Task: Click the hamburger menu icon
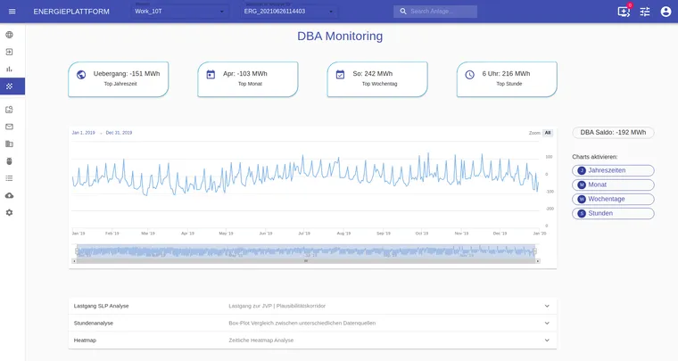12,12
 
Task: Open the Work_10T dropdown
180,12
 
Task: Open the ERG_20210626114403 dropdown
290,12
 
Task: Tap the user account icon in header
666,12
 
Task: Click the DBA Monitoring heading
339,37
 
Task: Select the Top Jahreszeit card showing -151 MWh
119,78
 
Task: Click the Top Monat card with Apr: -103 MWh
248,78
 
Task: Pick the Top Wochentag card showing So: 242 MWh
377,78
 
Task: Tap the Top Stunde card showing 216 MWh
507,78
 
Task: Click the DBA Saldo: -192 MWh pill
613,133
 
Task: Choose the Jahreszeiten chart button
613,170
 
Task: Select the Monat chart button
613,185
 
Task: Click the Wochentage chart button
613,199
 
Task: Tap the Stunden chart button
613,213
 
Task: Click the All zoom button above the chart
548,133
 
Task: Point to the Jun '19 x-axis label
266,234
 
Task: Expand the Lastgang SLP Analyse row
312,306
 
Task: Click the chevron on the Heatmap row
547,340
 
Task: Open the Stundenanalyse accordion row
312,323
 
